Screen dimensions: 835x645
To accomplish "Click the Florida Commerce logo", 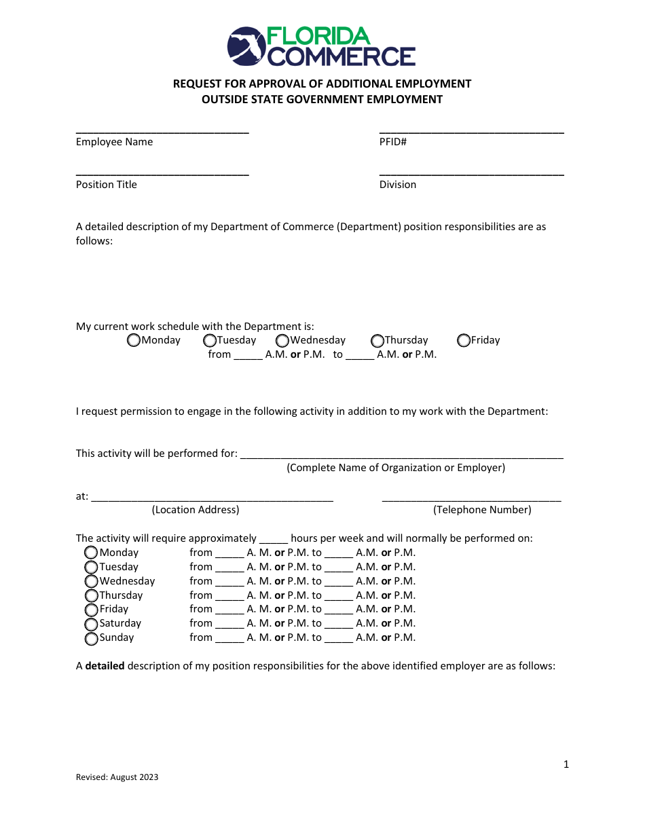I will click(321, 46).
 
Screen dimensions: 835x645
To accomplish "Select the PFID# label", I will click(392, 142).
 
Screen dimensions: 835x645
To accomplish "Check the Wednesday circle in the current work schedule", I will click(282, 340).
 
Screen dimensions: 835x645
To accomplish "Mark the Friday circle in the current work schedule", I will click(464, 340).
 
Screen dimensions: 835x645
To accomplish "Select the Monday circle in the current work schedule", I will click(134, 340).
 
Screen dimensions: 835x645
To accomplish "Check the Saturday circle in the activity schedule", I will click(91, 624).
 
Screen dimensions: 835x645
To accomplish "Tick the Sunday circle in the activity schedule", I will click(91, 638).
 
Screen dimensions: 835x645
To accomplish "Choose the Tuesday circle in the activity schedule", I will click(91, 567).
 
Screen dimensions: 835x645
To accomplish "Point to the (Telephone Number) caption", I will click(482, 510).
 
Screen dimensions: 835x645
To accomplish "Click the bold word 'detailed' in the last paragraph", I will click(105, 666).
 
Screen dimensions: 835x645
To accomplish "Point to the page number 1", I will click(566, 765).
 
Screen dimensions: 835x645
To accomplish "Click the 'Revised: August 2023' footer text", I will click(117, 777).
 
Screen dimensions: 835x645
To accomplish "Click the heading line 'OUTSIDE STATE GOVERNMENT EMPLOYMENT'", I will click(322, 100).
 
